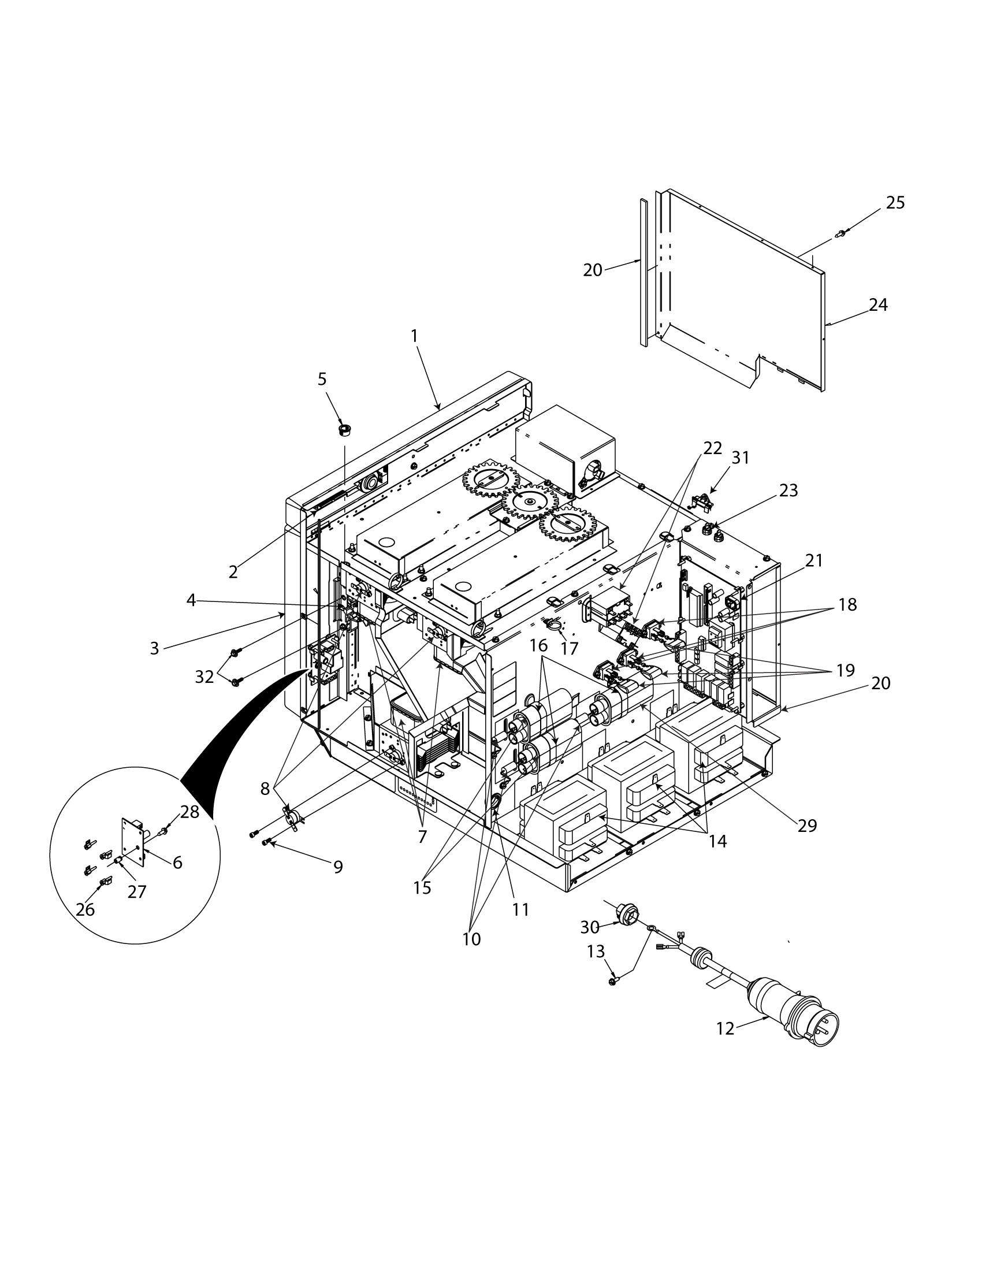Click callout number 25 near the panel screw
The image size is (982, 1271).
[x=895, y=203]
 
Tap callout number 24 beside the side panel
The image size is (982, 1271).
[x=878, y=305]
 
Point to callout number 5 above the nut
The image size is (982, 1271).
[x=322, y=380]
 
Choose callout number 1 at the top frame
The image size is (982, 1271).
[x=414, y=336]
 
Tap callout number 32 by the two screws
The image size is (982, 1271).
[x=204, y=678]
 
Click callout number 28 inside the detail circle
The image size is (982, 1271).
[x=189, y=812]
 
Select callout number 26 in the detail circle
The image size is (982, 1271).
[x=85, y=909]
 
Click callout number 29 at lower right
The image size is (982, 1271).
[x=808, y=826]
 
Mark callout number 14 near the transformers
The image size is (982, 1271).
[x=718, y=841]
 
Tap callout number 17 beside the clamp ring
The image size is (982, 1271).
[x=569, y=648]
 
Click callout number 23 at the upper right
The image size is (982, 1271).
[x=788, y=490]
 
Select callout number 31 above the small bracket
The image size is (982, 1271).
[x=740, y=458]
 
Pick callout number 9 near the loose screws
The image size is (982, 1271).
[x=338, y=868]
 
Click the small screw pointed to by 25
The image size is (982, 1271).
[x=840, y=234]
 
